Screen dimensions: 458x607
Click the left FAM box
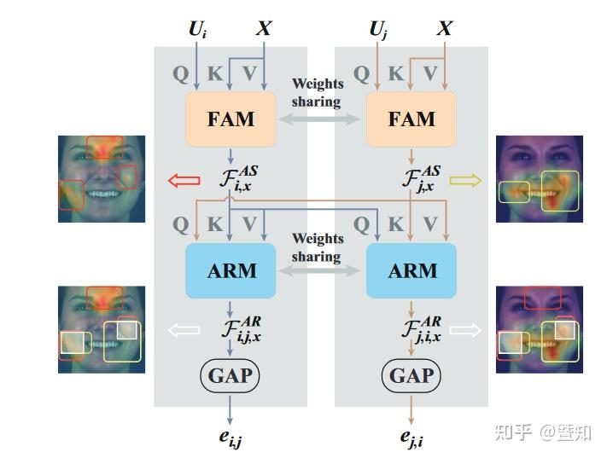[x=231, y=119]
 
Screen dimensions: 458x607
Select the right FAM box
[x=411, y=119]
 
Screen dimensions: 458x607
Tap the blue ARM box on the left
[x=231, y=270]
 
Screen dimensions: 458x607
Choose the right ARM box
[x=411, y=270]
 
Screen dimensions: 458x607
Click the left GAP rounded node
[x=231, y=375]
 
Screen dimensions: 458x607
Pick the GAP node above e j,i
[x=411, y=375]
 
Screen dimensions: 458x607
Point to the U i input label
[x=197, y=30]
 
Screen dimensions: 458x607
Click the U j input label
[x=378, y=30]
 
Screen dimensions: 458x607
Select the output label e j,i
[x=412, y=438]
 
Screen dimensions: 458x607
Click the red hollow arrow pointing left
[x=184, y=180]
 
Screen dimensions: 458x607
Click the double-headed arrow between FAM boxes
[x=321, y=121]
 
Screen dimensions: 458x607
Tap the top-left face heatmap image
[x=102, y=178]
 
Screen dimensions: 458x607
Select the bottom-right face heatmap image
[x=540, y=329]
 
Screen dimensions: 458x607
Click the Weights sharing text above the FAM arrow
[x=317, y=93]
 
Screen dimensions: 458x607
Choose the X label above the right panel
[x=445, y=29]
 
